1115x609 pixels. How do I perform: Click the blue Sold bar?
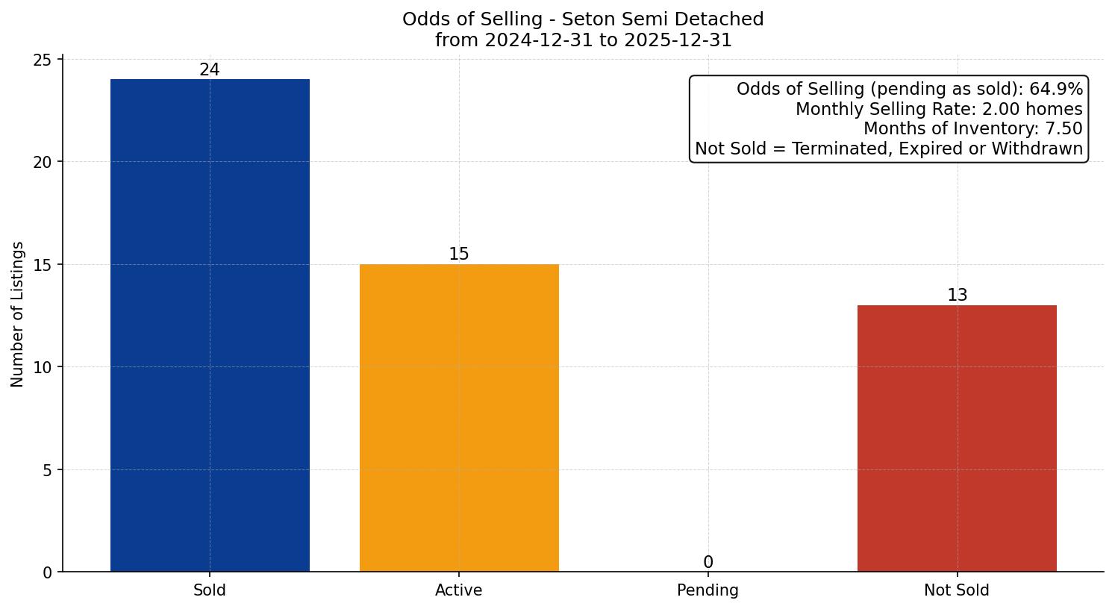210,325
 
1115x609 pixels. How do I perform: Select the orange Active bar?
459,418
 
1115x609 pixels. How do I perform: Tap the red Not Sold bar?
957,438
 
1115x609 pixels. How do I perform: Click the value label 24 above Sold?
210,70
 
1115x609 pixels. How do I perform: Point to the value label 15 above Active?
459,254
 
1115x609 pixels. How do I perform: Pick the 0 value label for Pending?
708,563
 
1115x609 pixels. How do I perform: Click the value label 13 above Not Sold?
957,296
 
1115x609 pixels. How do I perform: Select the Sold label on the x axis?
210,590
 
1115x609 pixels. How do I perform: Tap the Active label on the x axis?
459,590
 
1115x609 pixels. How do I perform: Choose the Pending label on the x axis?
708,590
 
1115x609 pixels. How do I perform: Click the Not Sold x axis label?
957,590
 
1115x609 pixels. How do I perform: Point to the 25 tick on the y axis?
43,60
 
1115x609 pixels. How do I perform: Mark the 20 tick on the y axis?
43,162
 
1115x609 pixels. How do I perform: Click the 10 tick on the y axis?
43,367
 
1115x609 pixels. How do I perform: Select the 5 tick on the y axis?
48,470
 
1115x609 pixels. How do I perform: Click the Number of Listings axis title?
18,314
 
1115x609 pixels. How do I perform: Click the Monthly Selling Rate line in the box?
939,109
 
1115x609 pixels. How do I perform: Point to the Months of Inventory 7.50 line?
972,129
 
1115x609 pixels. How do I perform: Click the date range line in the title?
583,40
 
